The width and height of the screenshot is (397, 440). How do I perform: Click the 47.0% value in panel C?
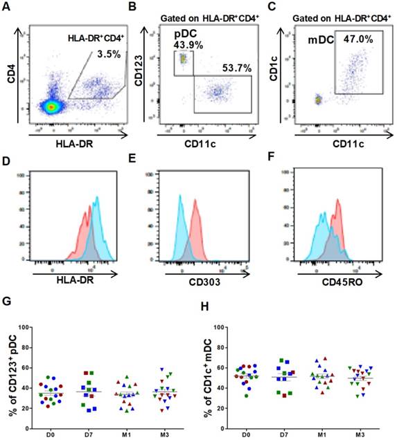click(359, 40)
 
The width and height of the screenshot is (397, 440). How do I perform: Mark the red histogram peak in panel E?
click(196, 201)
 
